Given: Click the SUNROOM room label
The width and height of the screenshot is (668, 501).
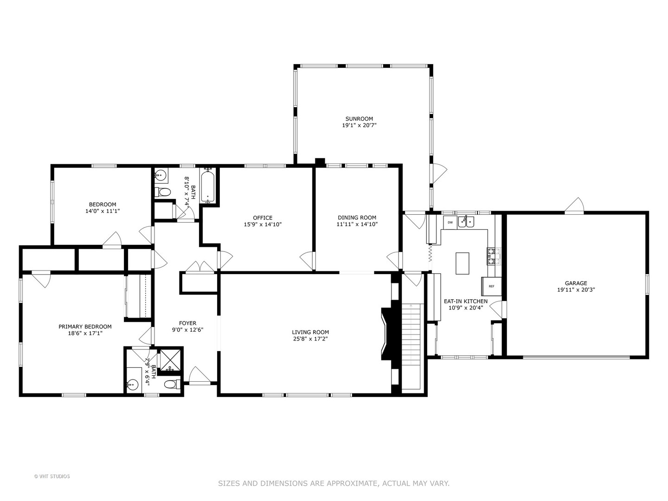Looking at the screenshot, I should click(x=359, y=119).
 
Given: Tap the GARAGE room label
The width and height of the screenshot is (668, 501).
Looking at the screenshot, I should click(x=576, y=283).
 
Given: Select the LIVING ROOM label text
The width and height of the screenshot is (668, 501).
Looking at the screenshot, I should click(x=310, y=332).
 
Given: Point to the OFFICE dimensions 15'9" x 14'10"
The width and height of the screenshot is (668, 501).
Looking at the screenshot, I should click(x=263, y=225).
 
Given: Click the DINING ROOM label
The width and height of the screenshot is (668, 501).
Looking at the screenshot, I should click(x=357, y=218).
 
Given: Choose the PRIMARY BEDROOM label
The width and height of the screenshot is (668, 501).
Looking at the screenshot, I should click(x=85, y=327).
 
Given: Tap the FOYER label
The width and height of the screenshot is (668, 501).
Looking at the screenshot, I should click(x=187, y=323).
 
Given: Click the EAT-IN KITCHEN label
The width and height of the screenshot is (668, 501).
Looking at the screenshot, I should click(x=465, y=301).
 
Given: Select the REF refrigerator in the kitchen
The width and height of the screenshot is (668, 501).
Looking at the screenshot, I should click(x=491, y=286).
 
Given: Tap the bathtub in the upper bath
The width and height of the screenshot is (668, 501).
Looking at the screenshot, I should click(x=208, y=186).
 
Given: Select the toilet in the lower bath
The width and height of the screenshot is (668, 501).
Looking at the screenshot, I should click(x=171, y=384).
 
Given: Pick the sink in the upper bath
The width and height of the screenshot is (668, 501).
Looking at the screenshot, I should click(x=161, y=175).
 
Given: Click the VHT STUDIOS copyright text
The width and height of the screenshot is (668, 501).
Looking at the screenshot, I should click(x=52, y=476).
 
